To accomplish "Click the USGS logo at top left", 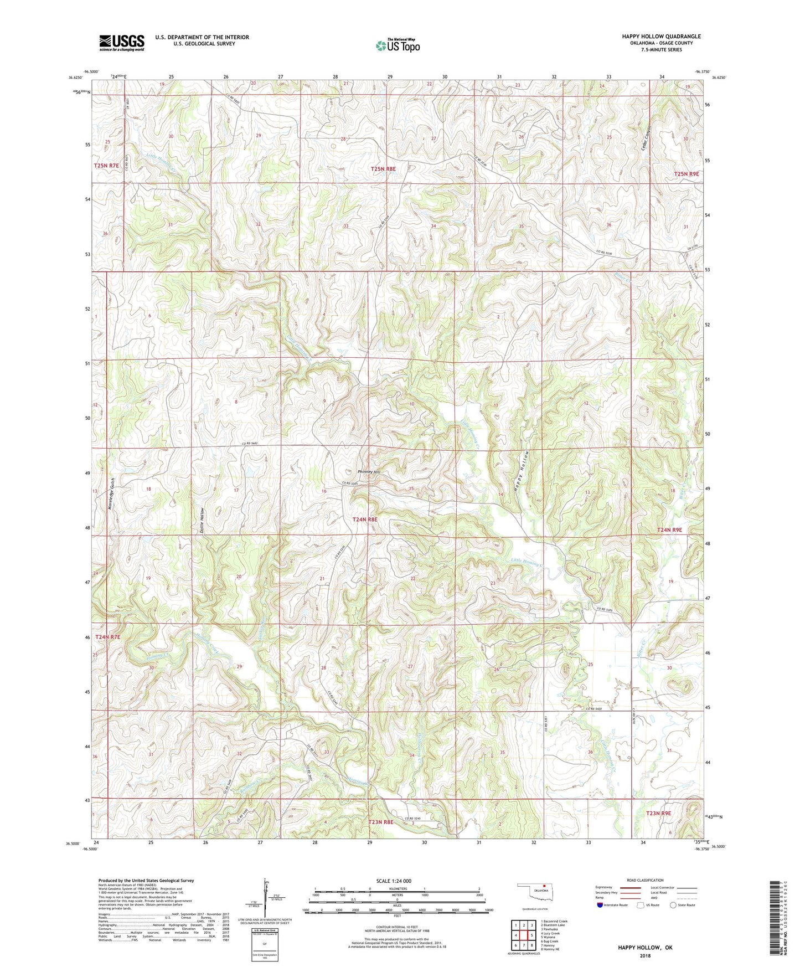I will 122,42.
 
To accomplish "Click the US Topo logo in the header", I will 398,45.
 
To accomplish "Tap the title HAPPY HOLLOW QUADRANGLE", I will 661,37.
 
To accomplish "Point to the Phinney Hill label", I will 369,472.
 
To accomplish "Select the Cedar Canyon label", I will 646,131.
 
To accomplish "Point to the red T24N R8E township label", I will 365,519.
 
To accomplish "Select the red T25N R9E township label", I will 687,174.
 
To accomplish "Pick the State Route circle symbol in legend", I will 673,905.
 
